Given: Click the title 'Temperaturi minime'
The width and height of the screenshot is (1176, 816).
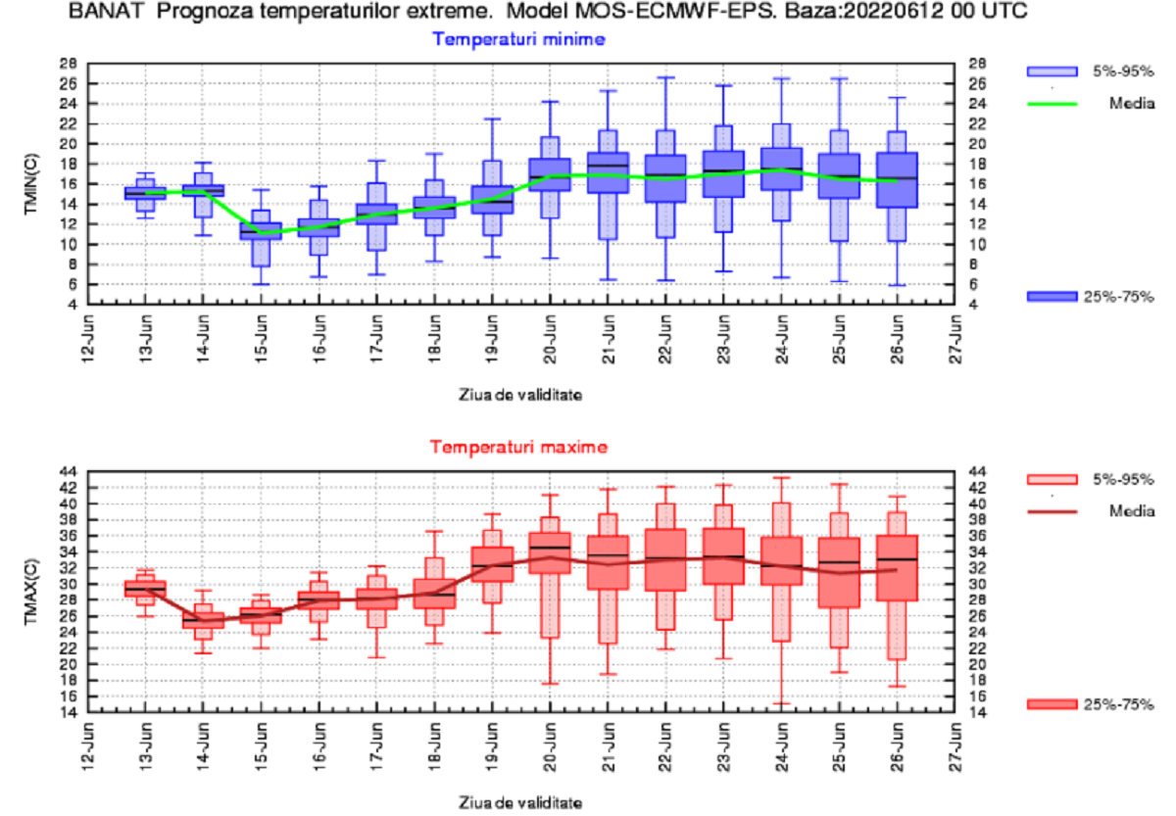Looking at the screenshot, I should [x=518, y=40].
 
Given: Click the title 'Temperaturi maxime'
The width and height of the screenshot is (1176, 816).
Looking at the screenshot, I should [x=518, y=448].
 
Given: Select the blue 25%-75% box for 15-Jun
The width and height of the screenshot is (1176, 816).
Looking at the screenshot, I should [x=261, y=231].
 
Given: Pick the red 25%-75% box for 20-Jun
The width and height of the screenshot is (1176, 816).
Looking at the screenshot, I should [x=550, y=553].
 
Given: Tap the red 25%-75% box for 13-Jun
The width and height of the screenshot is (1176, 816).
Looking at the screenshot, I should [x=145, y=589].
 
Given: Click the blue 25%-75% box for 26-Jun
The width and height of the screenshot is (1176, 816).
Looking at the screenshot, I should [x=897, y=179].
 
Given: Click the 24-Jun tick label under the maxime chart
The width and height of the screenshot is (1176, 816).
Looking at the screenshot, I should [x=781, y=744].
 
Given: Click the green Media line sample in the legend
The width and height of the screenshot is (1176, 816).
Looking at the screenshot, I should [x=1052, y=103].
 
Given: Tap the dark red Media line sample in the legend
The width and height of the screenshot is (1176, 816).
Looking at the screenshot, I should [x=1052, y=510].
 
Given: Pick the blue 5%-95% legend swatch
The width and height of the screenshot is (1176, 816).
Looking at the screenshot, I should [x=1052, y=72].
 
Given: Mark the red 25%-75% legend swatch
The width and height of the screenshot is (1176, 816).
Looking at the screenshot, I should [x=1052, y=703].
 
